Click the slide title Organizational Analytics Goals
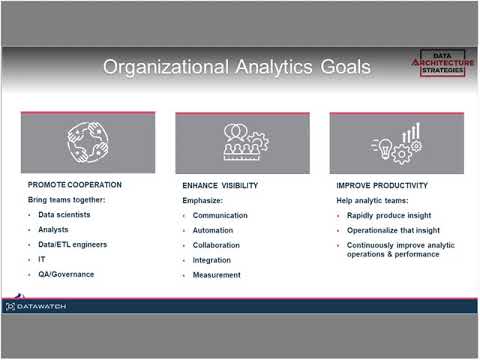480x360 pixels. [237, 67]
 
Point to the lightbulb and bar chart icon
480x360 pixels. [397, 143]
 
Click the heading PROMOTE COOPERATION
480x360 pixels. [75, 185]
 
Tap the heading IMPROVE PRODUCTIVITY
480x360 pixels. [382, 185]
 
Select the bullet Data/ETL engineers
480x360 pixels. [72, 244]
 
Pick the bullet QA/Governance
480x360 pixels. [66, 273]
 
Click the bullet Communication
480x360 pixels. [220, 215]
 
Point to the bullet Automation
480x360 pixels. [213, 230]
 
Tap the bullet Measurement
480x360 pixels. [217, 275]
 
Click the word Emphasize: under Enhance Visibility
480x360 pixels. [204, 200]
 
